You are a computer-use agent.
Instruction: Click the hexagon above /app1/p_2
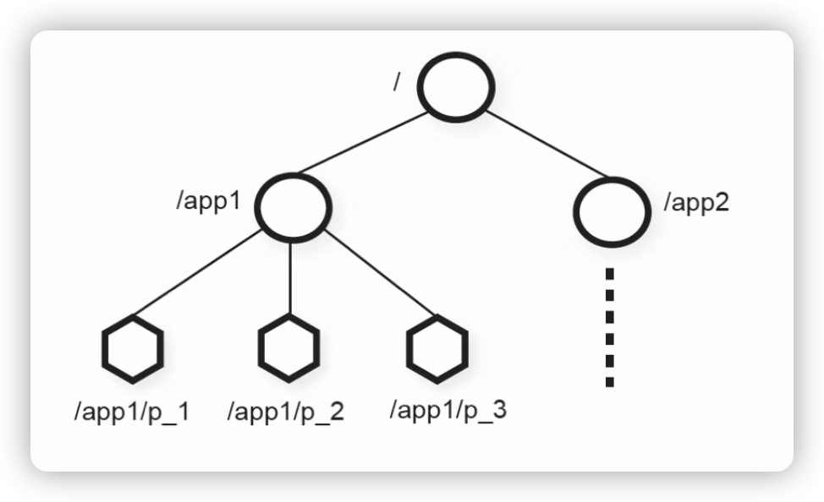[288, 346]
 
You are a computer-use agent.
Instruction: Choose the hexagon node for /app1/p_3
[436, 347]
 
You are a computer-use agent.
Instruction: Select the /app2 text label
[696, 203]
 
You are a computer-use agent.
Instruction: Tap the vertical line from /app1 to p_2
[291, 279]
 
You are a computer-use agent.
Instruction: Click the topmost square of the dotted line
[609, 274]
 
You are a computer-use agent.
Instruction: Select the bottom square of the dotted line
[609, 381]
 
